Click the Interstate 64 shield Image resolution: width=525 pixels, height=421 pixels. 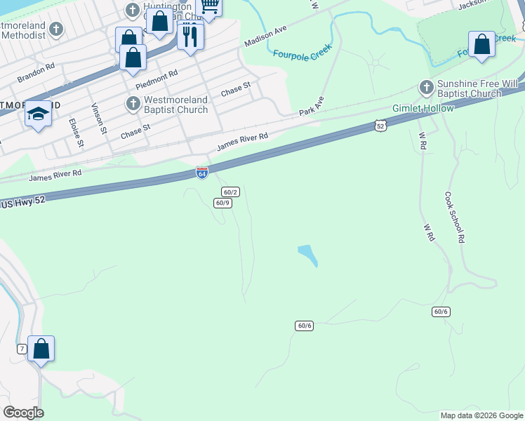click(x=201, y=173)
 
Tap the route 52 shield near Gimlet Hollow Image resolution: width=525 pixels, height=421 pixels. click(x=380, y=126)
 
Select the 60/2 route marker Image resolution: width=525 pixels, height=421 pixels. click(x=230, y=192)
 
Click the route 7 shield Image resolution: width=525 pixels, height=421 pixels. click(x=22, y=349)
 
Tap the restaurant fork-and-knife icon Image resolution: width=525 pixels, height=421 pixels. click(x=190, y=34)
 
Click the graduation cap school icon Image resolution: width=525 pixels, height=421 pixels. click(x=38, y=114)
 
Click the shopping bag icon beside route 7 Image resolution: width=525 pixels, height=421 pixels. click(x=41, y=349)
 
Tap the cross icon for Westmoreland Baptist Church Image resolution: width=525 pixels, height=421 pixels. click(x=133, y=104)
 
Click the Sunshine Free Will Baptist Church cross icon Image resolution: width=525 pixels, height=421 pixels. click(x=425, y=88)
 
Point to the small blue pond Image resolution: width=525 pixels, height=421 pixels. click(x=307, y=255)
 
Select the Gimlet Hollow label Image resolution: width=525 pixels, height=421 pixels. click(x=423, y=108)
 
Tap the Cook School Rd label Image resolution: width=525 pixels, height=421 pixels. click(x=454, y=218)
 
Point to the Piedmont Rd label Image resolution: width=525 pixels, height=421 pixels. click(x=157, y=79)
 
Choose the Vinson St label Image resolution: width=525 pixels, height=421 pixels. click(x=99, y=119)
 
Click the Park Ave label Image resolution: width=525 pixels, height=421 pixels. click(x=312, y=106)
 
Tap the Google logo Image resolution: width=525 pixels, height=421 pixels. click(x=23, y=413)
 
